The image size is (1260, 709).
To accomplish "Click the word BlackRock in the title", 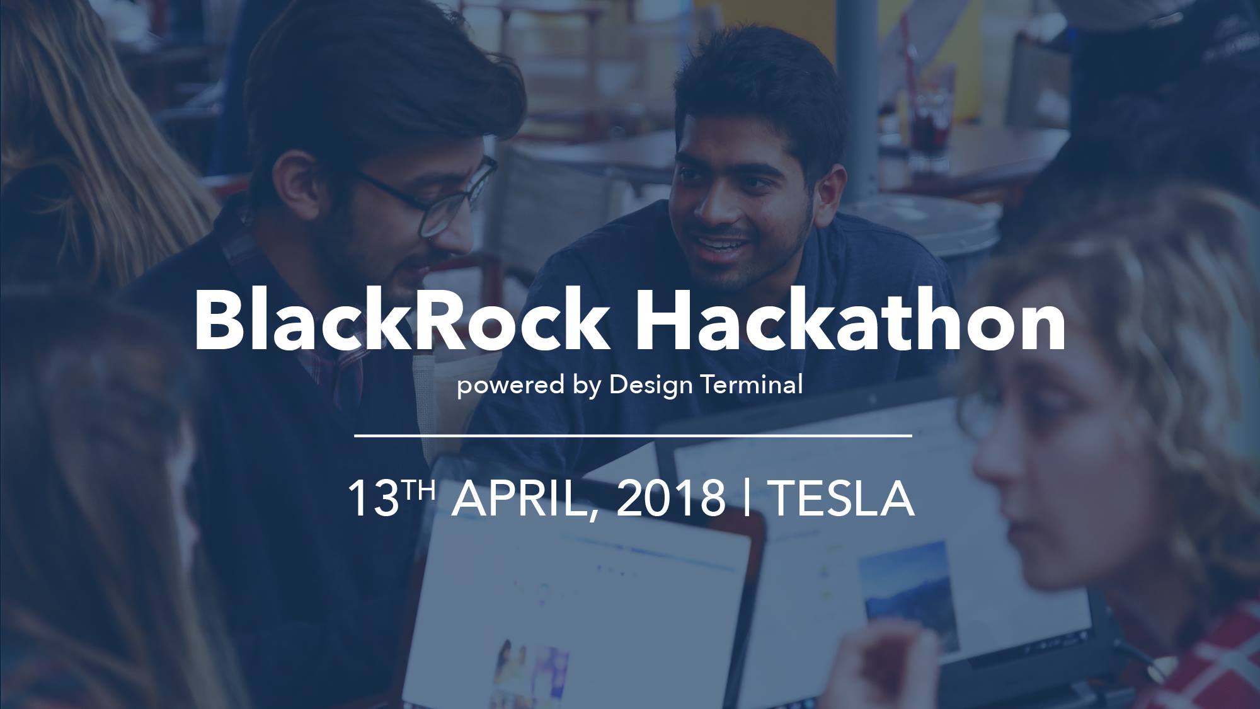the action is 401,321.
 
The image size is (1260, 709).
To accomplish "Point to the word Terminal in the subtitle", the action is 752,384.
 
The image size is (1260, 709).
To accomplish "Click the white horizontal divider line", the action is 633,435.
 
